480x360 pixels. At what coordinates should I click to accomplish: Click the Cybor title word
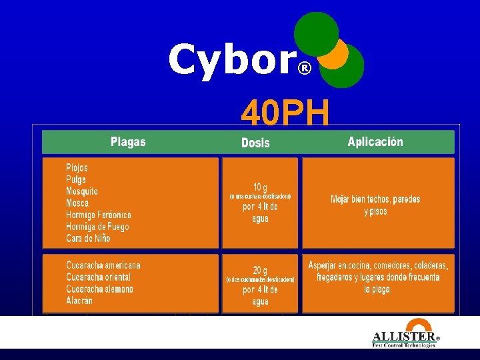coord(231,60)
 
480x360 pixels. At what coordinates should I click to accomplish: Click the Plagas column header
coord(128,141)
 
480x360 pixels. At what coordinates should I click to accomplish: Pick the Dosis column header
coord(255,143)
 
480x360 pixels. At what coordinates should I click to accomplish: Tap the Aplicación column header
coord(375,141)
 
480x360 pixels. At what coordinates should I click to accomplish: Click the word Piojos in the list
coord(77,167)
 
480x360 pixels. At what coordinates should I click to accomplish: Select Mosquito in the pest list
coord(82,191)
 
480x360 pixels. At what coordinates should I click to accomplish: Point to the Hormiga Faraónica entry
coord(99,215)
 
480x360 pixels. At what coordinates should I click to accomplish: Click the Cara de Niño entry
coord(88,239)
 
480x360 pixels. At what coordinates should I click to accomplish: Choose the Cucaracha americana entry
coord(103,265)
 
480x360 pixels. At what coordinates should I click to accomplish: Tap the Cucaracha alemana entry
coord(99,289)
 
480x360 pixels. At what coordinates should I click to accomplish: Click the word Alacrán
coord(79,301)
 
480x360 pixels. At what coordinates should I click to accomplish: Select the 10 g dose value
coord(260,187)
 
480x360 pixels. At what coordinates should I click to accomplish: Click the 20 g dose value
coord(260,270)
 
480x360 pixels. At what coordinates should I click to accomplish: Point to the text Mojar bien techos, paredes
coord(375,199)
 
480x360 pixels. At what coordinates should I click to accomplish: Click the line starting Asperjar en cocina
coord(378,265)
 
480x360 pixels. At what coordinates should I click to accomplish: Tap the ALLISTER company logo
coord(405,338)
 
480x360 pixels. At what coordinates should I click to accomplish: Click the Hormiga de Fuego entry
coord(97,227)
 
